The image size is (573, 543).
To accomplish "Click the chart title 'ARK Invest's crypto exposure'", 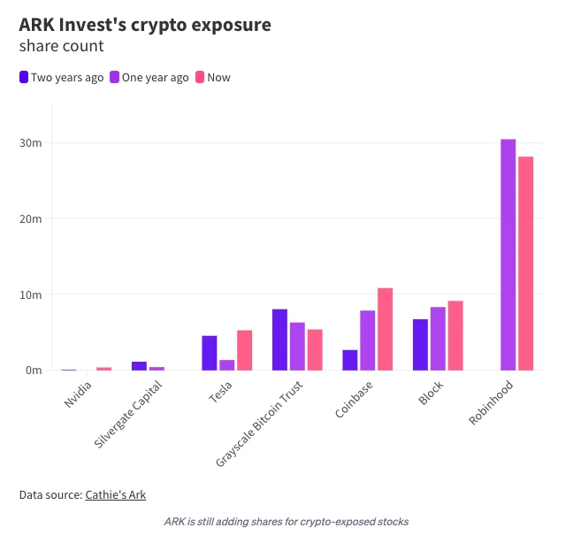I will [x=145, y=25].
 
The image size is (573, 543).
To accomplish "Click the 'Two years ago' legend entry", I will [x=61, y=77].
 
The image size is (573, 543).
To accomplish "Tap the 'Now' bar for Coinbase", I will [x=385, y=329].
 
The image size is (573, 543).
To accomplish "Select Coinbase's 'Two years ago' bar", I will [x=350, y=360].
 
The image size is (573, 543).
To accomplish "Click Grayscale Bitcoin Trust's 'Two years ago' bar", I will [x=279, y=340].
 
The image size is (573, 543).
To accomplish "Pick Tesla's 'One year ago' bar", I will [x=227, y=364].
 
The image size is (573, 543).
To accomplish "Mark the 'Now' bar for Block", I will [x=455, y=335].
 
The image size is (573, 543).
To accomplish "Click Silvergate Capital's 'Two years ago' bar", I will [x=139, y=365].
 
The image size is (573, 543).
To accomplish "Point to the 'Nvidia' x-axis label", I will [x=78, y=394].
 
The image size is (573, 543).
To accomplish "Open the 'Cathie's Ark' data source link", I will [x=115, y=494].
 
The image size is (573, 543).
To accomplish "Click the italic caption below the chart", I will [x=286, y=521].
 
